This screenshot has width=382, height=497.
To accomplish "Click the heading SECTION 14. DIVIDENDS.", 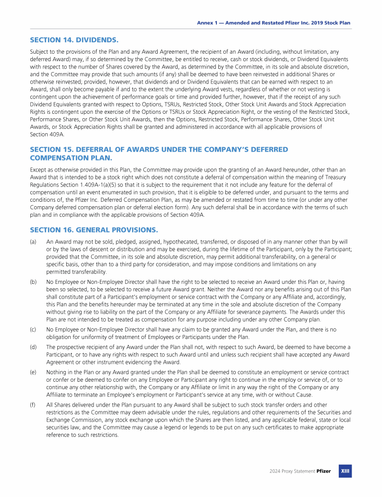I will click(74, 39).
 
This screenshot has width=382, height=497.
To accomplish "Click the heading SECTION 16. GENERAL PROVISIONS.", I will click(94, 230).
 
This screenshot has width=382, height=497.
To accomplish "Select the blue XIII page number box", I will click(345, 471).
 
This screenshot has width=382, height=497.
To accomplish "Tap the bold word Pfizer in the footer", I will click(323, 471).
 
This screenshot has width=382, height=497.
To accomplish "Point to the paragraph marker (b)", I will click(33, 282).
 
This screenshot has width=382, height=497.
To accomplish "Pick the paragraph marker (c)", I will click(33, 329).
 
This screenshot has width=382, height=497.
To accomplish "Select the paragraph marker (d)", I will click(33, 347).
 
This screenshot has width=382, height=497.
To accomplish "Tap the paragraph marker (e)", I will click(33, 372).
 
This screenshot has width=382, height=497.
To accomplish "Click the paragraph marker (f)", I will click(33, 405).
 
